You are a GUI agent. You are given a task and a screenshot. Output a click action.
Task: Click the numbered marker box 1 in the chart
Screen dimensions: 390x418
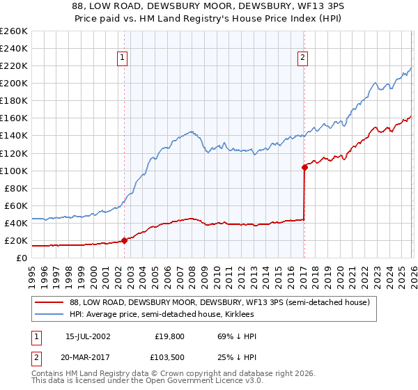click(123, 58)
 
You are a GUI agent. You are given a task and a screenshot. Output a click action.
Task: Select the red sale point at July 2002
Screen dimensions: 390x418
click(125, 240)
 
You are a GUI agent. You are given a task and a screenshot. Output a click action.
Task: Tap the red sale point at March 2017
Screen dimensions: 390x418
click(304, 167)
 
